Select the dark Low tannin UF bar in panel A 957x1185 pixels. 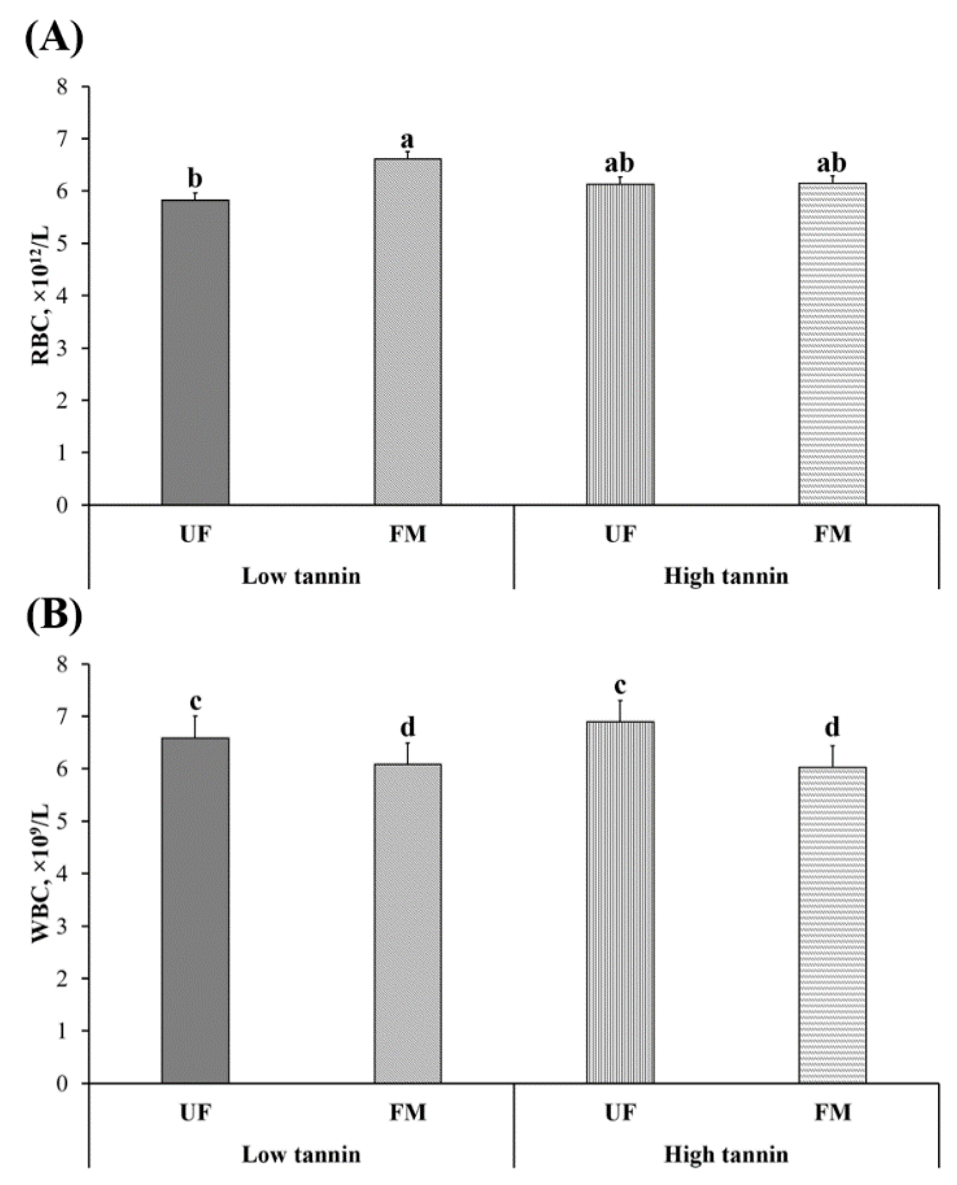pos(195,353)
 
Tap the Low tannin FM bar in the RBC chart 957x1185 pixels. pos(408,331)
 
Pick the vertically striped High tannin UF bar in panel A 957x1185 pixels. pos(620,345)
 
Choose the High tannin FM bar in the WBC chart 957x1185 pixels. pos(832,926)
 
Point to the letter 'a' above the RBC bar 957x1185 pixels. pos(408,139)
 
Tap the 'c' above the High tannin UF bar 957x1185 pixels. pos(620,686)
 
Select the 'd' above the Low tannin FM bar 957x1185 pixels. pos(408,727)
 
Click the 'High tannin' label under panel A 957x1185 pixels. pos(726,577)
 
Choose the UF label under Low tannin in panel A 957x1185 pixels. pos(195,534)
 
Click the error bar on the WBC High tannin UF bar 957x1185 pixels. pos(620,711)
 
